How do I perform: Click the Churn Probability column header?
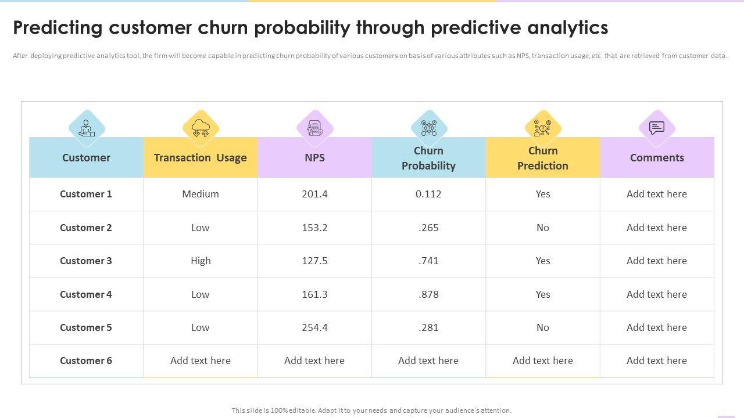tap(428, 158)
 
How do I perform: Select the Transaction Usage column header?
tap(200, 158)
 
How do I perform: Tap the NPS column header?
tap(314, 158)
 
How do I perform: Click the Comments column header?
tap(657, 158)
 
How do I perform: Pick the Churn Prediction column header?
tap(543, 158)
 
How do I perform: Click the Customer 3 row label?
tap(86, 261)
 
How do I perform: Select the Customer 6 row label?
tap(86, 361)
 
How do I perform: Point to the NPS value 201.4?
tap(314, 194)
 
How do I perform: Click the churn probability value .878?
tap(428, 294)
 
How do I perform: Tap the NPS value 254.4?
tap(314, 327)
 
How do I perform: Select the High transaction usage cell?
tap(201, 261)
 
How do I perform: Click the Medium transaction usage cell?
tap(201, 194)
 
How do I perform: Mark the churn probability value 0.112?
tap(428, 194)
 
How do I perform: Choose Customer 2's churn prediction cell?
tap(543, 228)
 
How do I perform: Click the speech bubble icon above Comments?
tap(657, 128)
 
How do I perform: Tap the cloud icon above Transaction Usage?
tap(201, 128)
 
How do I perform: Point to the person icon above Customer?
tap(87, 128)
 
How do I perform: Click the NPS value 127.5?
tap(314, 261)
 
